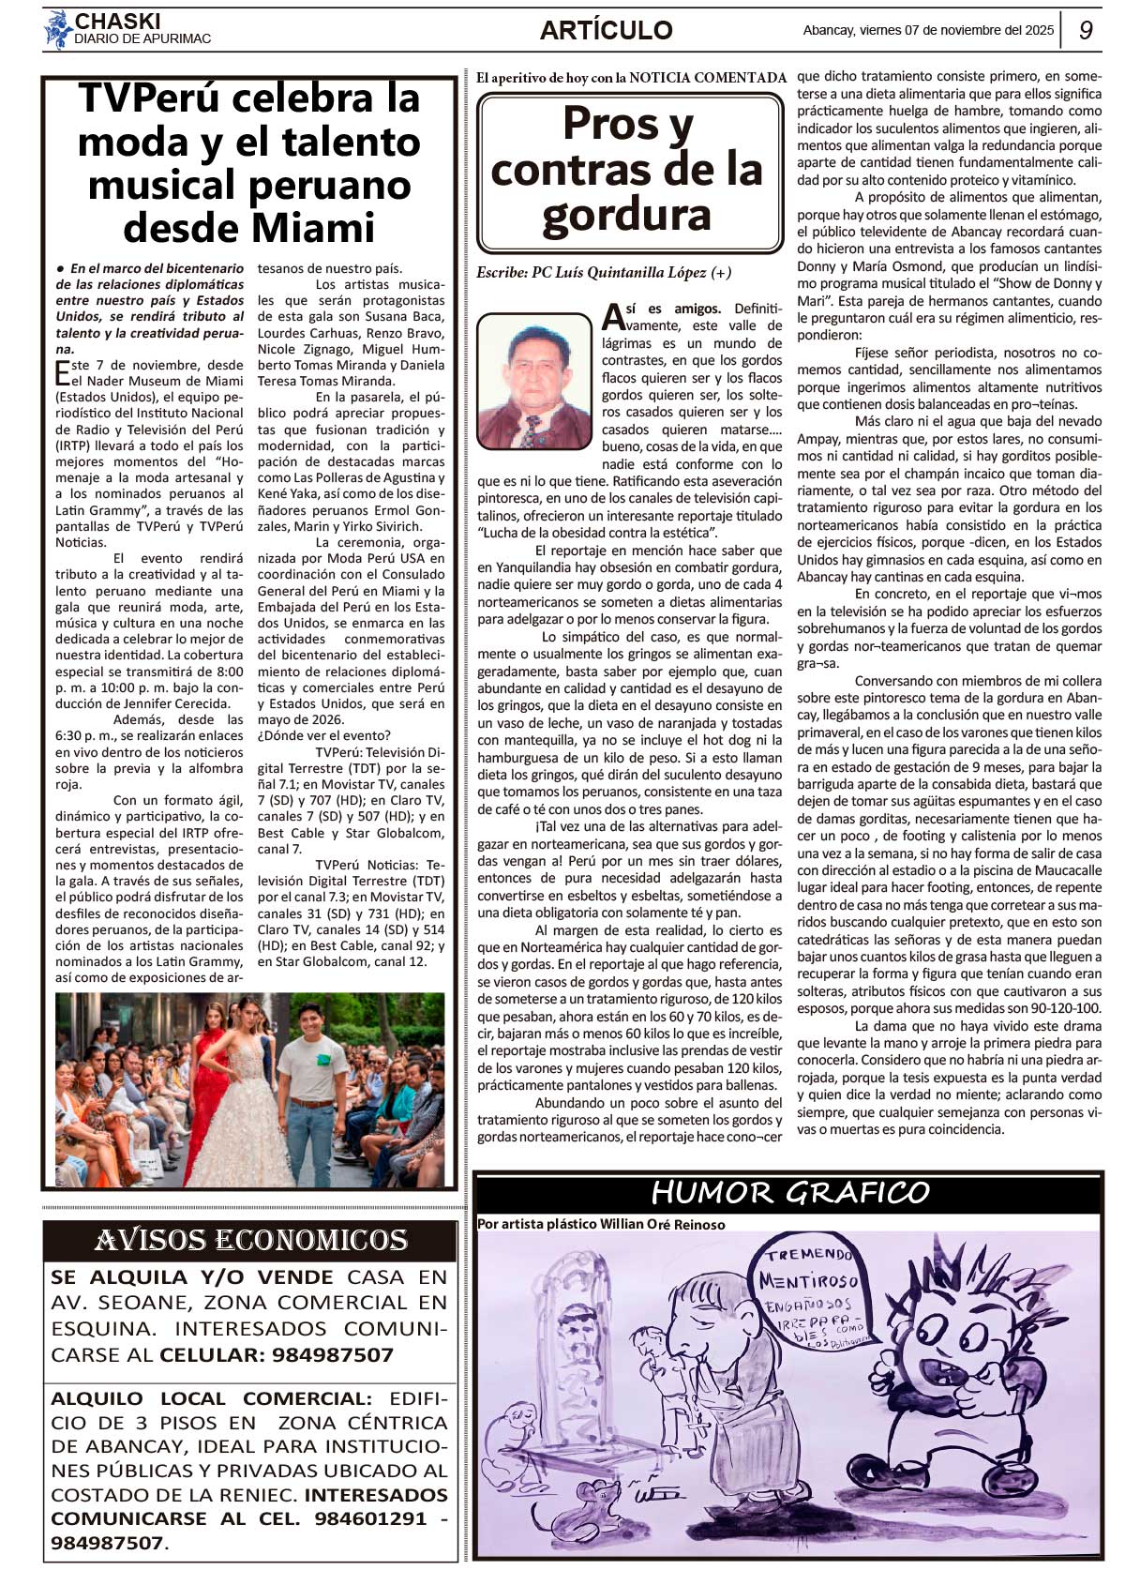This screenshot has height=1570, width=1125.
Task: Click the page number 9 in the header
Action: pyautogui.click(x=1086, y=30)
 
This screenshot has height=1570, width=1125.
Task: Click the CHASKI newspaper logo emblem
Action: pyautogui.click(x=58, y=30)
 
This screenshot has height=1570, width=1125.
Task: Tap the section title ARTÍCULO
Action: pyautogui.click(x=606, y=30)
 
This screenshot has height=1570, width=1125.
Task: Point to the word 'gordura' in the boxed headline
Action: pyautogui.click(x=626, y=215)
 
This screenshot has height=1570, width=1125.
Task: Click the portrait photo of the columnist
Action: pyautogui.click(x=532, y=381)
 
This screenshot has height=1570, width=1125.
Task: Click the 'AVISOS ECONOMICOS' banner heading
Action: pyautogui.click(x=250, y=1240)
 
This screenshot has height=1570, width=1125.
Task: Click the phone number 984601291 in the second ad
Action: pyautogui.click(x=370, y=1517)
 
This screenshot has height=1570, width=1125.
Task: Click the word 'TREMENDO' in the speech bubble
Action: pyautogui.click(x=808, y=1255)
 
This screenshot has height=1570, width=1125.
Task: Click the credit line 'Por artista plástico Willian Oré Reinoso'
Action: pyautogui.click(x=600, y=1224)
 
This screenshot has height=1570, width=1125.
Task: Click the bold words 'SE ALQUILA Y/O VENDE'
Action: pyautogui.click(x=191, y=1276)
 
